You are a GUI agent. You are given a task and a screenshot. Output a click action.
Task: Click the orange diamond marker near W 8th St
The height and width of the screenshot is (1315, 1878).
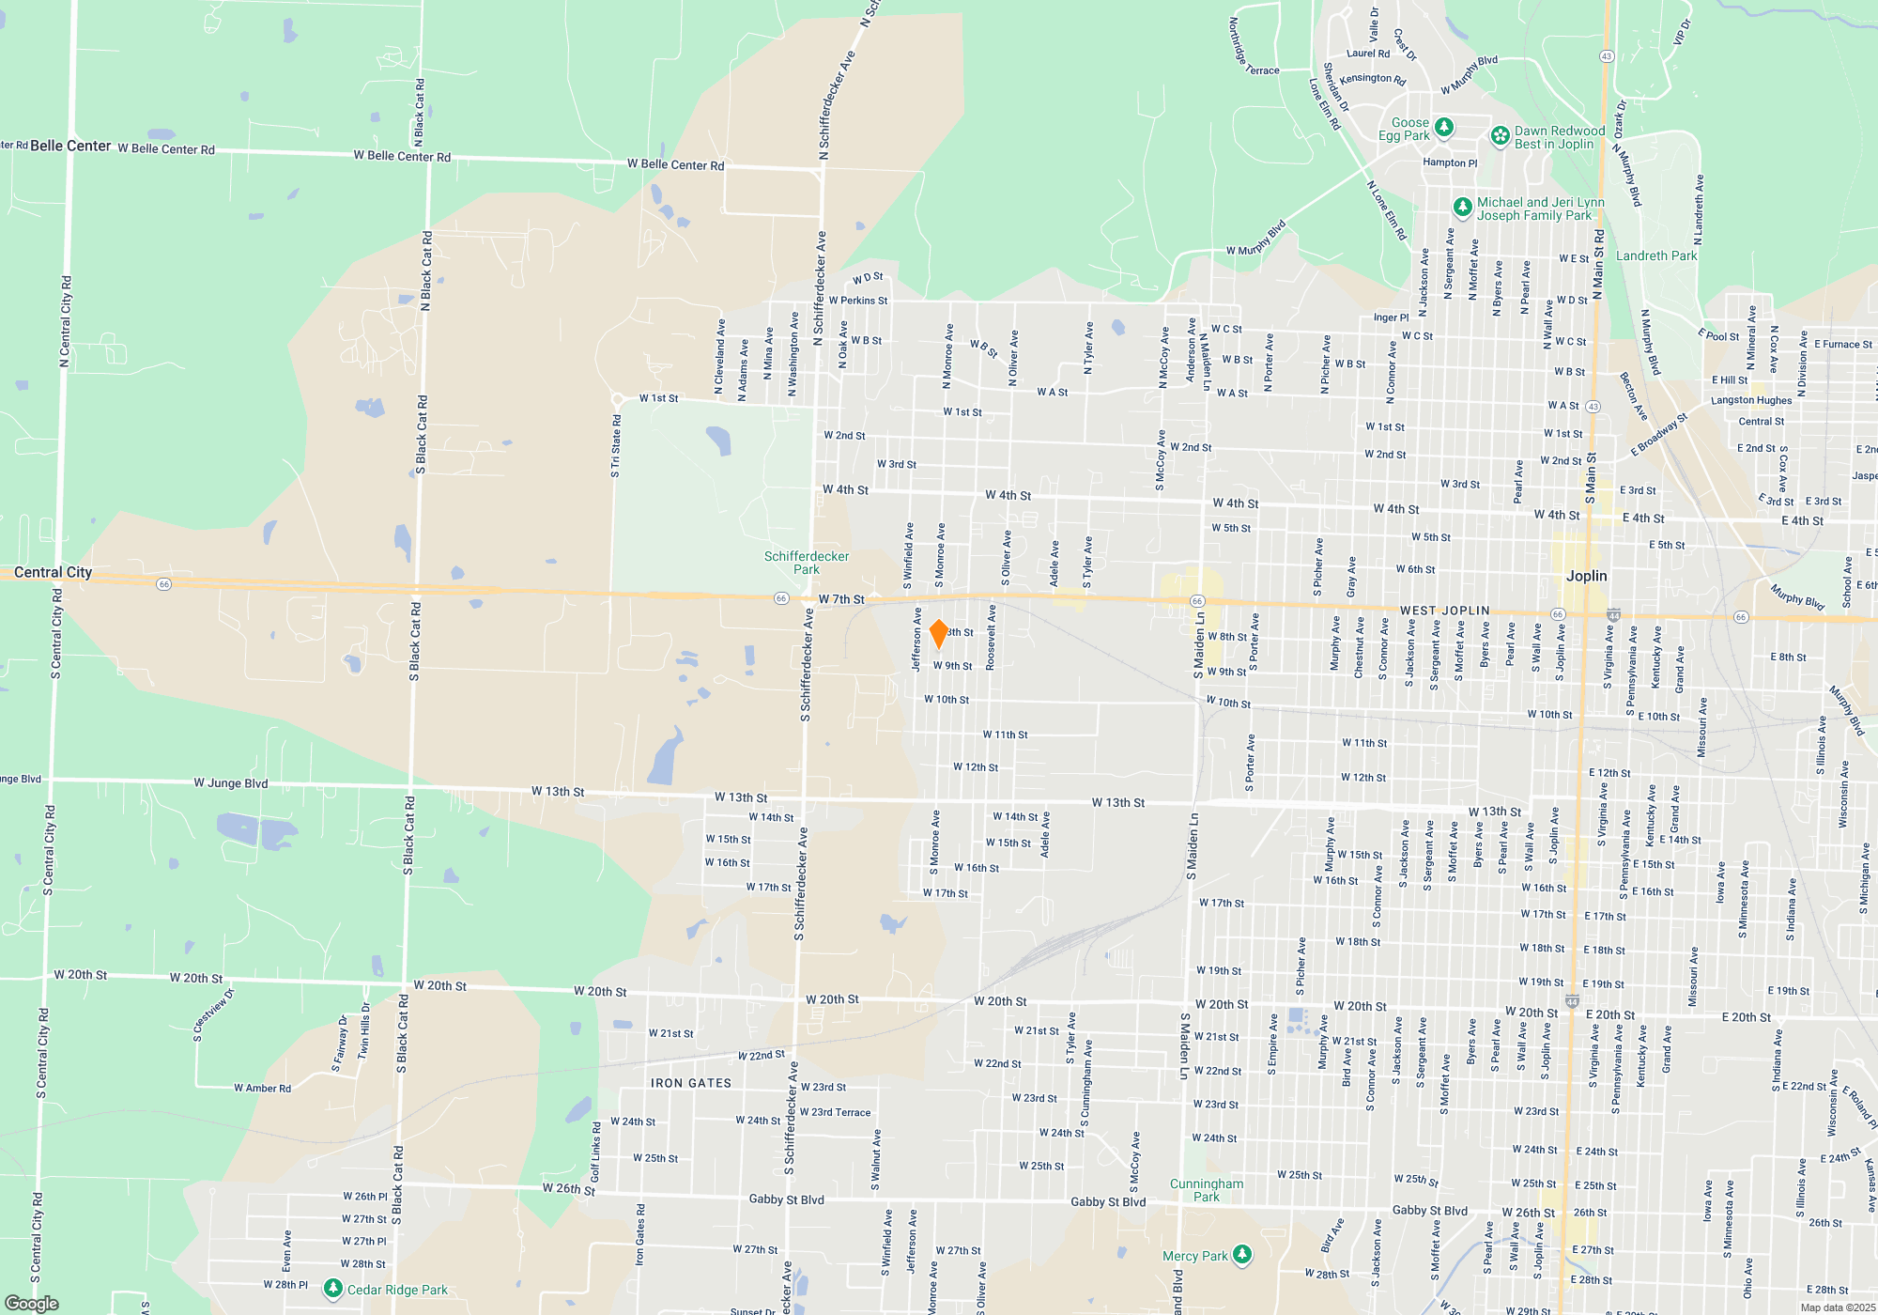(x=938, y=634)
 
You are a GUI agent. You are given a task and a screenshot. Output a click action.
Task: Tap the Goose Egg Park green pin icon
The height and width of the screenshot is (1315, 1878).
(x=1444, y=127)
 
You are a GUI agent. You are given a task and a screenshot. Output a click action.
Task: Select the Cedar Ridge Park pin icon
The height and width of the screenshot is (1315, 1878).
(x=332, y=1288)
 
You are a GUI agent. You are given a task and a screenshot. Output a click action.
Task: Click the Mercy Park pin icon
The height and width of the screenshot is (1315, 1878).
(x=1242, y=1254)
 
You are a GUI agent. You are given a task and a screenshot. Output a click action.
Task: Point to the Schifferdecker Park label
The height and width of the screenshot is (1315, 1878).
(x=806, y=563)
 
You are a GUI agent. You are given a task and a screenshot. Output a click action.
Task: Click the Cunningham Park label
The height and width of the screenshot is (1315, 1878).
(x=1207, y=1190)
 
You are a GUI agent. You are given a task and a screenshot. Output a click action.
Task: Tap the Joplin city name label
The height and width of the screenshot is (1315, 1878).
(x=1586, y=576)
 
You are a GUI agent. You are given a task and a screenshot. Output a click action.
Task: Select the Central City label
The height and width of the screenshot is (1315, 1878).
(x=53, y=572)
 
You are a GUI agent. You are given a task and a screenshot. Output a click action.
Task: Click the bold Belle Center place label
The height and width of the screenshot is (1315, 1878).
(x=70, y=146)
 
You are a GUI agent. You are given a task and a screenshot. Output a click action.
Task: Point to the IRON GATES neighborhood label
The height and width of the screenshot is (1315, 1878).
(x=691, y=1083)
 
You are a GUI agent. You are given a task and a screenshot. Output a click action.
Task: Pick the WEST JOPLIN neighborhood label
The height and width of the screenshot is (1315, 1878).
(x=1444, y=611)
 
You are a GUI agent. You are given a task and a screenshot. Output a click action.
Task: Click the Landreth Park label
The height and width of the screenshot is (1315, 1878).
(x=1656, y=255)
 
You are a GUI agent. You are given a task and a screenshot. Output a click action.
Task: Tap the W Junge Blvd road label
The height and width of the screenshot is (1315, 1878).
(x=231, y=782)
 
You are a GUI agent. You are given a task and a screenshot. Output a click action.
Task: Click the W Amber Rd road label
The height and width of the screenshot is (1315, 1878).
(x=262, y=1089)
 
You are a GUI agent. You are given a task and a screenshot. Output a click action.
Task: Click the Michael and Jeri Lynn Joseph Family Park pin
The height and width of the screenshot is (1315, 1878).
(x=1462, y=207)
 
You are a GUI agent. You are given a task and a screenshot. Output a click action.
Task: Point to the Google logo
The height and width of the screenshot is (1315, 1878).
(x=32, y=1304)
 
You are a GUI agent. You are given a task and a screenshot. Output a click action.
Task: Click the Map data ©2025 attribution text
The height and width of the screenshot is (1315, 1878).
(x=1838, y=1307)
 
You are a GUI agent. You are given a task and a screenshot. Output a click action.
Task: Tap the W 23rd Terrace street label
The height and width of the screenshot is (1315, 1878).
(x=835, y=1112)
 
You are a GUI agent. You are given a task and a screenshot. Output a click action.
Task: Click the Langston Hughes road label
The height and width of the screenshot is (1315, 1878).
(x=1751, y=400)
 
